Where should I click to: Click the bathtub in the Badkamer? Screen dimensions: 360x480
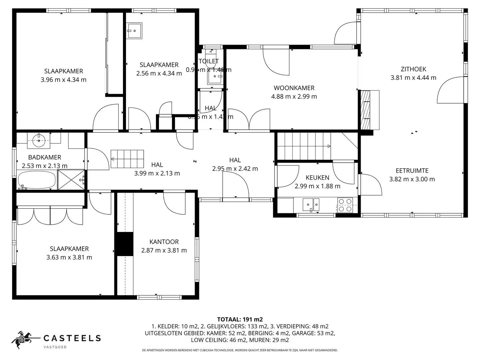(x=37, y=180)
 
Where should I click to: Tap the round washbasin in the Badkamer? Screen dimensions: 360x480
(x=39, y=141)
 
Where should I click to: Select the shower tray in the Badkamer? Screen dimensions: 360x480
(x=71, y=180)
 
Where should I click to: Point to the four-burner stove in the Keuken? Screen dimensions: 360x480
(x=345, y=205)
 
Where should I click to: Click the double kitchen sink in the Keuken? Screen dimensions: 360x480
(x=311, y=204)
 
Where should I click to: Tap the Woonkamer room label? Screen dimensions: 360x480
(x=294, y=88)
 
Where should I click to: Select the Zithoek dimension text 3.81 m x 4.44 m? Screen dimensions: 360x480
(x=413, y=78)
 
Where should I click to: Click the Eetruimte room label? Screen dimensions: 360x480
(x=412, y=171)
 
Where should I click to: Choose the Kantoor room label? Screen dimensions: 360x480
(x=164, y=242)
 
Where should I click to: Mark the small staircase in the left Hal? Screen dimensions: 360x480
(x=127, y=159)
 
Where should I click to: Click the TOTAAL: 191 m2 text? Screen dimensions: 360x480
(x=240, y=319)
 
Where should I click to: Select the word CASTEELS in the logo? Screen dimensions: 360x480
(x=72, y=338)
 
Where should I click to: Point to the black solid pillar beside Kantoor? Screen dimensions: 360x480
(x=125, y=244)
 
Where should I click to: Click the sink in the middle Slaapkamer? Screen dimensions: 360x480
(x=135, y=31)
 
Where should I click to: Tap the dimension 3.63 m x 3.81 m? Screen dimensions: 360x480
(x=69, y=257)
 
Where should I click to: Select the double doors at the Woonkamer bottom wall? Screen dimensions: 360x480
(x=249, y=119)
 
